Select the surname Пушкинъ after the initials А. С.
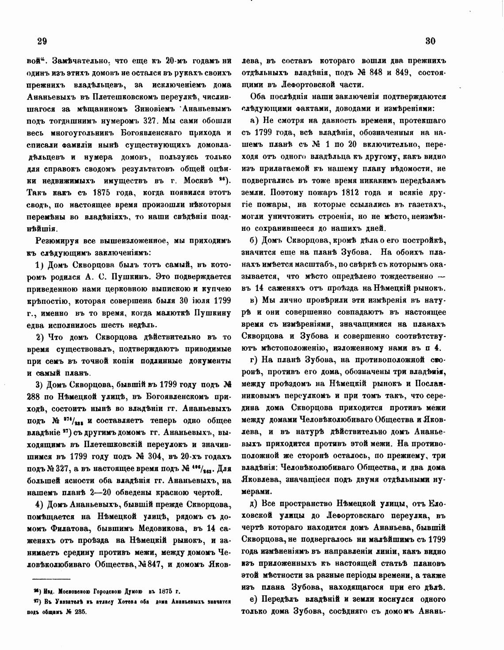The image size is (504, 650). [135, 277]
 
